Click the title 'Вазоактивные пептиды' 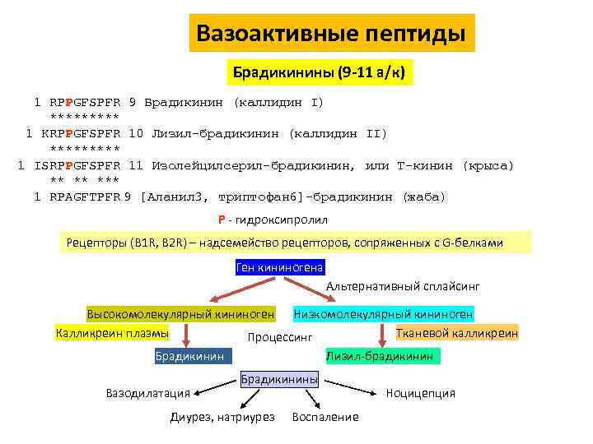(331, 34)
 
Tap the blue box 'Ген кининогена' (280, 267)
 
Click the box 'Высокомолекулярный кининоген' (180, 314)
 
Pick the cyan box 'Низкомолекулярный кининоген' (383, 314)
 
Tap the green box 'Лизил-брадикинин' (380, 356)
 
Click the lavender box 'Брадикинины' (279, 379)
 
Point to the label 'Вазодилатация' (148, 393)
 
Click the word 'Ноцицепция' (420, 393)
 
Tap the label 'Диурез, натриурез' (222, 417)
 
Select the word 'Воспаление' (325, 417)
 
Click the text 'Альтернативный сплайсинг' (403, 287)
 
